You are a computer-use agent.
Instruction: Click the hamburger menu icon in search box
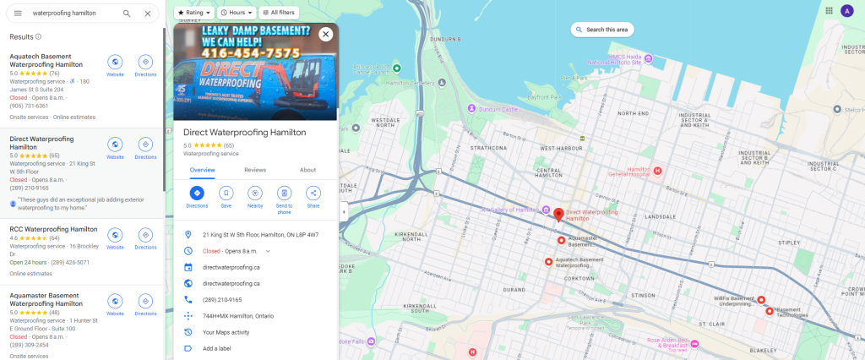click(x=18, y=14)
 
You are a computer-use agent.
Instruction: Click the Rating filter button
click(x=193, y=13)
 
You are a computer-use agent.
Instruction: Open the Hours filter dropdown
click(x=237, y=13)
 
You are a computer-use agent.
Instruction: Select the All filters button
click(x=278, y=13)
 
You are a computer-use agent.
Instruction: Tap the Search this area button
click(x=602, y=30)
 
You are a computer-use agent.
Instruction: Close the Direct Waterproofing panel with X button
click(x=326, y=35)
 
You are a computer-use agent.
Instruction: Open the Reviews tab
click(x=255, y=170)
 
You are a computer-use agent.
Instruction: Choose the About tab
click(x=307, y=170)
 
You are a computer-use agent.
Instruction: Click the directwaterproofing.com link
click(x=231, y=267)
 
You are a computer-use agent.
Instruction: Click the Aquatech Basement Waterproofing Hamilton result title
click(x=46, y=60)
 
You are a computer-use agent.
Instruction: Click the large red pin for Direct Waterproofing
click(x=558, y=214)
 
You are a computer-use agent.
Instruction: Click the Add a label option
click(x=216, y=348)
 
